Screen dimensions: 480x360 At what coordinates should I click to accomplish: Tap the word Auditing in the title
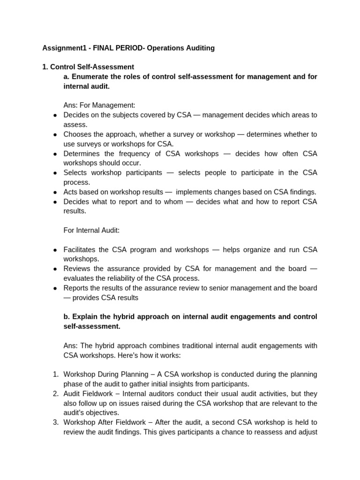pos(199,48)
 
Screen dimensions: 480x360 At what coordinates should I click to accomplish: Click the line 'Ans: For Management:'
pos(99,105)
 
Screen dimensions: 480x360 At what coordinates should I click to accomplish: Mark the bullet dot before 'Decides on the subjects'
pos(55,115)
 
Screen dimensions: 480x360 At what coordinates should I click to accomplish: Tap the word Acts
pos(71,192)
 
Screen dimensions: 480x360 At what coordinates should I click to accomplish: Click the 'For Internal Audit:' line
pos(92,230)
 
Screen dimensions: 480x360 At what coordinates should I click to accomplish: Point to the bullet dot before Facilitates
pos(55,250)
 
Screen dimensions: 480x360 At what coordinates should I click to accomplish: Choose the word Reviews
pos(78,269)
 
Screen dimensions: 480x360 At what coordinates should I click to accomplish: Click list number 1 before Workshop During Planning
pos(55,375)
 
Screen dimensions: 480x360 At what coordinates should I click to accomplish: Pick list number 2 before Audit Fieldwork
pos(55,394)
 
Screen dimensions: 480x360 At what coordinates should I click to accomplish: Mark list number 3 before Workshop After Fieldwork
pos(55,422)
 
